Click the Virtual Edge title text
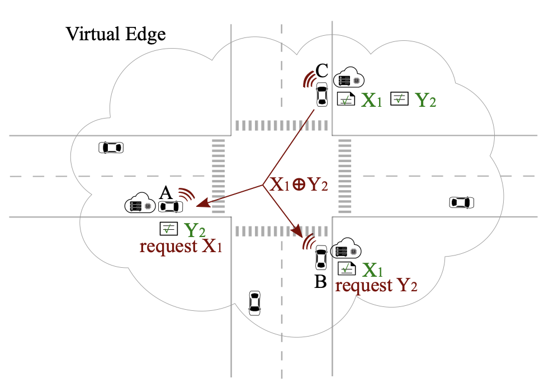[116, 34]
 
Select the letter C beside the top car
[321, 70]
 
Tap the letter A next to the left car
[165, 193]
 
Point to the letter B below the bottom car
[320, 282]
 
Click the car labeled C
[321, 94]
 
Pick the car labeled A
[171, 207]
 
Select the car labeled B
[321, 257]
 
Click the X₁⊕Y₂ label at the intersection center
[300, 185]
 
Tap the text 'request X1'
[181, 246]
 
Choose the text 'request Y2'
[376, 286]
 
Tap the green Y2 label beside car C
[426, 101]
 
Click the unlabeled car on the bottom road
[255, 302]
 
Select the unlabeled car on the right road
[462, 202]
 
